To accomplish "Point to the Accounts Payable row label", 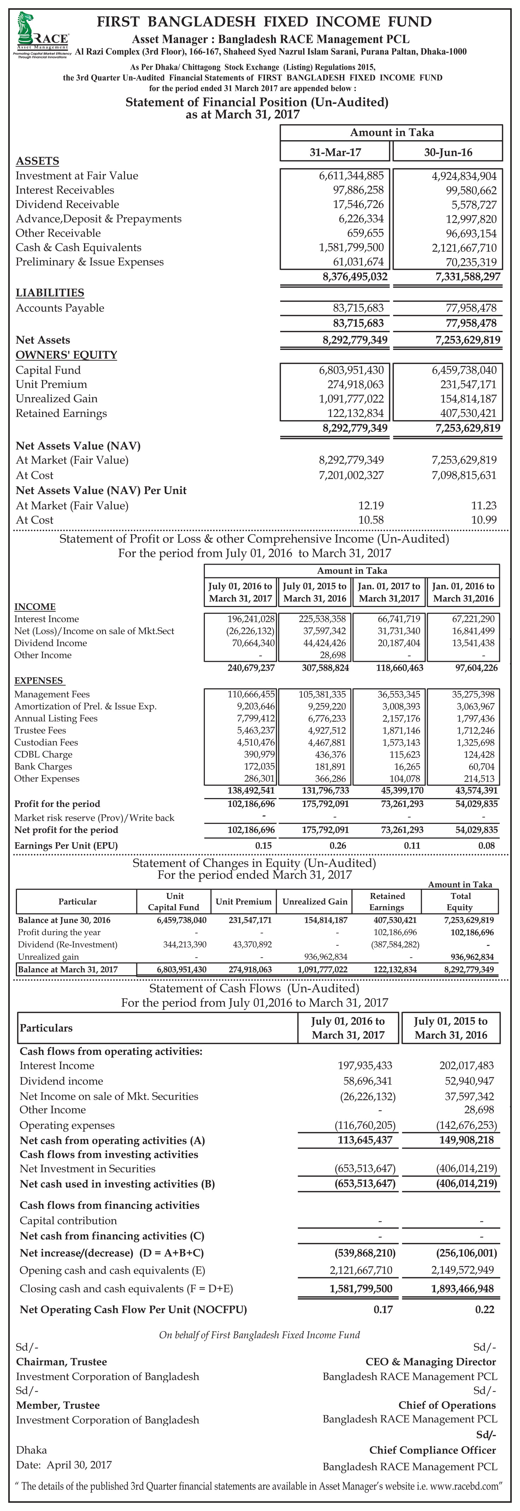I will click(60, 308).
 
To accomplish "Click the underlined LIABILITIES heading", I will click(50, 293).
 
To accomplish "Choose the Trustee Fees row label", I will click(40, 730).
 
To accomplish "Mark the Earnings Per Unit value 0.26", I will click(337, 846).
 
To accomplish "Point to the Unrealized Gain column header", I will click(315, 902).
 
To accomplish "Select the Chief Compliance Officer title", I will click(432, 1450).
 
